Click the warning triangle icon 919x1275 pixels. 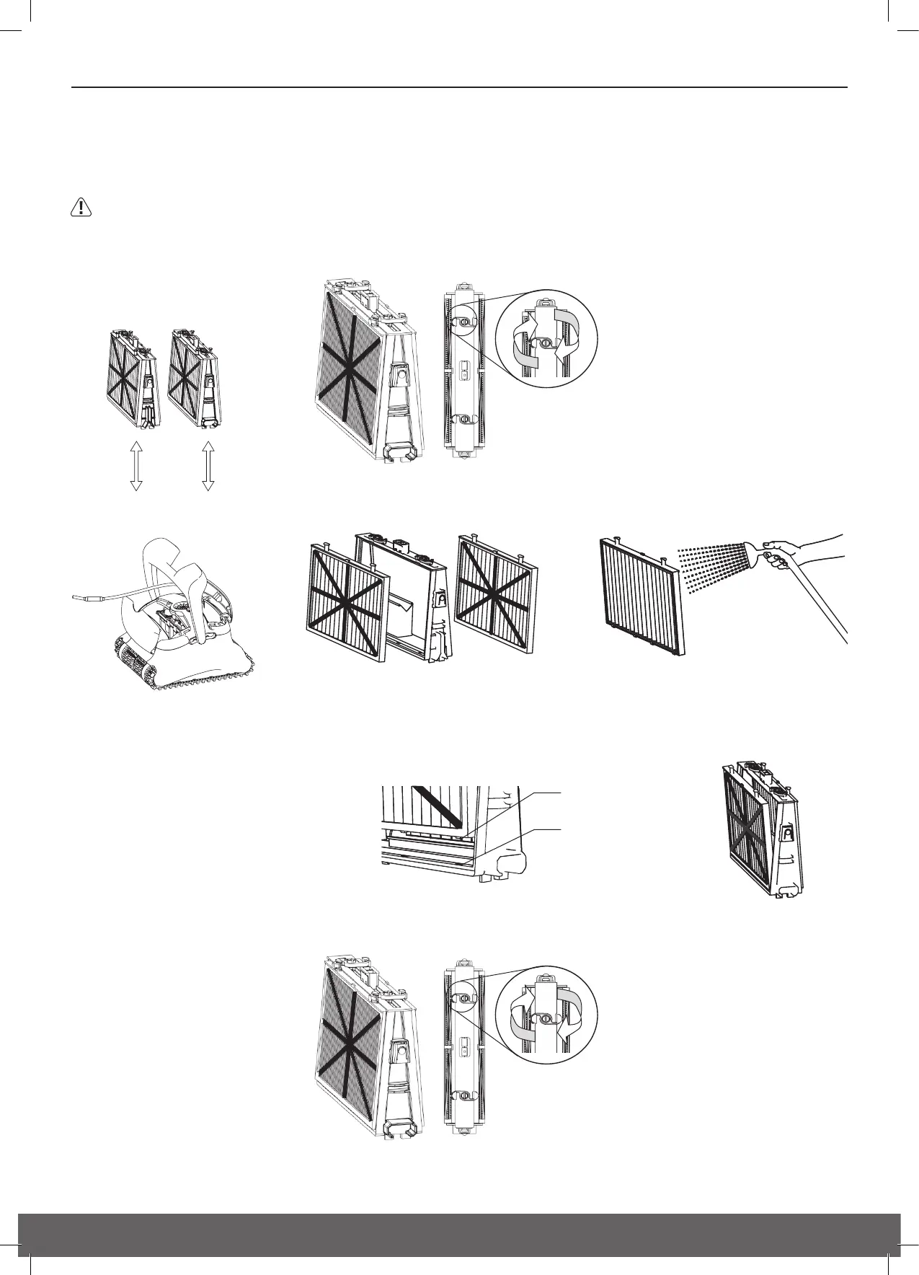(x=81, y=208)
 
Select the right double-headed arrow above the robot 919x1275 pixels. (x=208, y=466)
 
